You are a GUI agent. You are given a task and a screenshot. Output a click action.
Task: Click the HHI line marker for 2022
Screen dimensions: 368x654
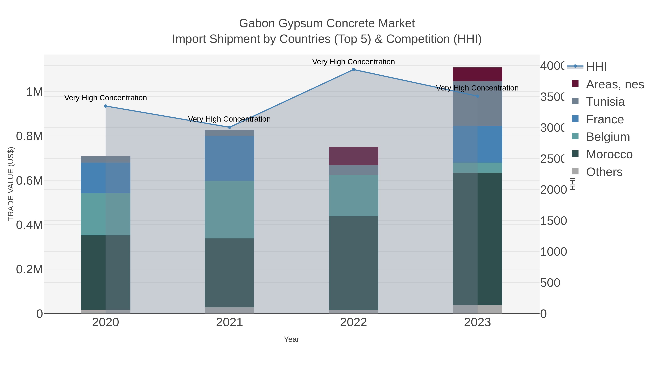click(x=353, y=70)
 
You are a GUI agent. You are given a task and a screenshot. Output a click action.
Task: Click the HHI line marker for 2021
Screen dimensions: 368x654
click(x=229, y=127)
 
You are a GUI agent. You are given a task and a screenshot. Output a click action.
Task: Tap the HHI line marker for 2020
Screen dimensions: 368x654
click(x=106, y=106)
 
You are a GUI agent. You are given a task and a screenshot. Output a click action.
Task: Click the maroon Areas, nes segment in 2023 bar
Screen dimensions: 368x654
click(x=477, y=74)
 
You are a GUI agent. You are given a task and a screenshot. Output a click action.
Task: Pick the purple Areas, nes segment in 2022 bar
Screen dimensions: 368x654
click(x=353, y=156)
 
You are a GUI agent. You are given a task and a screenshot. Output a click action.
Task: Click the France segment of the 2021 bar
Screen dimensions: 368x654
click(x=229, y=158)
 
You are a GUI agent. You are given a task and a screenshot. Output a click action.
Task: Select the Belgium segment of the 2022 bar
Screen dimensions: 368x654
click(x=353, y=196)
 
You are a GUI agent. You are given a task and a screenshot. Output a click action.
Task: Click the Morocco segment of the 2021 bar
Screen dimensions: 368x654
click(x=229, y=273)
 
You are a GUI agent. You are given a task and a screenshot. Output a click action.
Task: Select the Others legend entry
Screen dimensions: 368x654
click(x=604, y=172)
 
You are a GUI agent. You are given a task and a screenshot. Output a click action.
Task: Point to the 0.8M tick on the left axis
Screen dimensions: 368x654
click(x=29, y=136)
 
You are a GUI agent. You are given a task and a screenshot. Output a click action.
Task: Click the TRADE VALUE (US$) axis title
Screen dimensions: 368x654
click(x=11, y=184)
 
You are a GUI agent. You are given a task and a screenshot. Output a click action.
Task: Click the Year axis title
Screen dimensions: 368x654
click(x=291, y=339)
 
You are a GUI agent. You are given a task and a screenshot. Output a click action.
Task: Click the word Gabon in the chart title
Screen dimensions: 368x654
click(x=257, y=23)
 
